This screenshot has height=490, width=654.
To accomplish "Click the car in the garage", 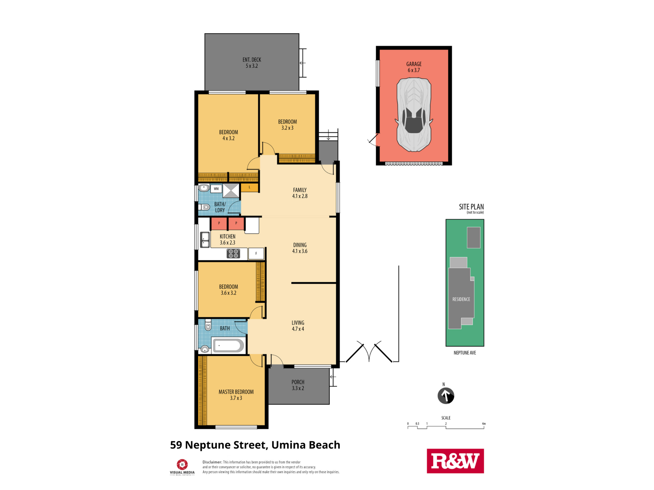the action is click(414, 115).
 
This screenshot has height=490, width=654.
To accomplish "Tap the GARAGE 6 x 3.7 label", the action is click(414, 67).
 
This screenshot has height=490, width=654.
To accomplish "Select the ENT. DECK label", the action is click(252, 60).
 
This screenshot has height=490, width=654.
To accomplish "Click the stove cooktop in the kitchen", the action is click(233, 253).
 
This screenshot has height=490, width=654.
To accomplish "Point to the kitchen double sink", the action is click(205, 240).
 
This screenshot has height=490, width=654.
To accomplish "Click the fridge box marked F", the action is click(256, 253).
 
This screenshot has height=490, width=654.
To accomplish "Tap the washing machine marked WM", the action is click(216, 188).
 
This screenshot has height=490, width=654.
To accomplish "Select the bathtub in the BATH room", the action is click(229, 345).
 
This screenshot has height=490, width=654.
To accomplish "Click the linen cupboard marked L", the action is click(250, 188).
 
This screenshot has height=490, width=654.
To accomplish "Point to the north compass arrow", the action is click(446, 396).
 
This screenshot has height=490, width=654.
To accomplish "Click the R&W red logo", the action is click(455, 461).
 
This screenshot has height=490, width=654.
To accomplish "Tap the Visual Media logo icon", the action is click(182, 465).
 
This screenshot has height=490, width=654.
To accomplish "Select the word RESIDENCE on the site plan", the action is click(461, 299).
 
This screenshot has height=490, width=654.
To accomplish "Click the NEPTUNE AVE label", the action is click(465, 353).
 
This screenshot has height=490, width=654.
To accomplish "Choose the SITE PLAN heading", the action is click(471, 207).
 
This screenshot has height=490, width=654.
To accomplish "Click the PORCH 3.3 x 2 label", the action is click(298, 385).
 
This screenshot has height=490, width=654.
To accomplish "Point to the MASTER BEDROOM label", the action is click(236, 392).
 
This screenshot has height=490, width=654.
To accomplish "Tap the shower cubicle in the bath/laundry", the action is click(231, 190).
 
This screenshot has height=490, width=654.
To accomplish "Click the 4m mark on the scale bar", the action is click(484, 424).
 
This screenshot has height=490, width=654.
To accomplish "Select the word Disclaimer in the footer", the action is click(212, 462).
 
